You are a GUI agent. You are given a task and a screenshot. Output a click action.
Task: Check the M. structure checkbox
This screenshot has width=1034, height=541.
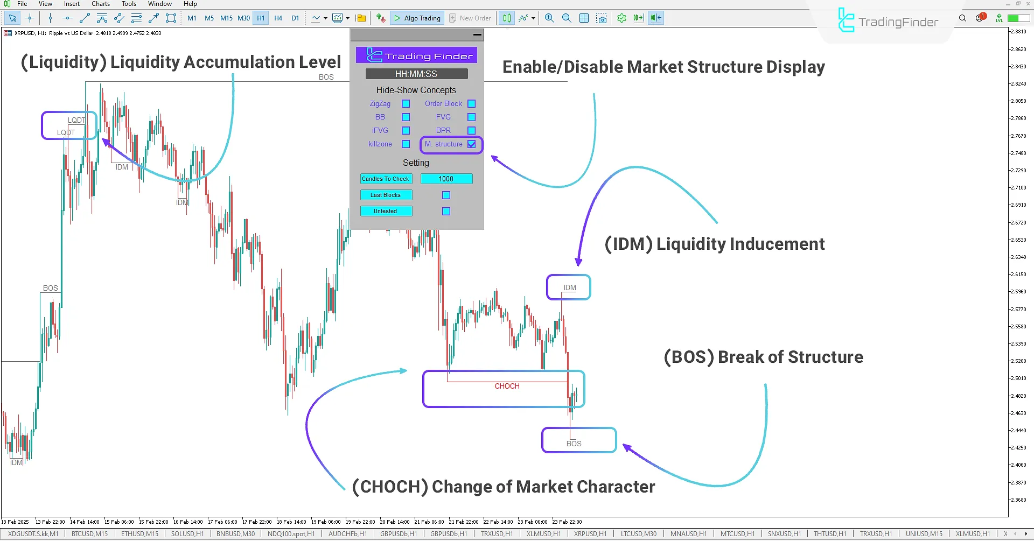tap(472, 144)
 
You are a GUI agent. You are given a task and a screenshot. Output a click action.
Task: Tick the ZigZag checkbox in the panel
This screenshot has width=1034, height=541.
tap(406, 104)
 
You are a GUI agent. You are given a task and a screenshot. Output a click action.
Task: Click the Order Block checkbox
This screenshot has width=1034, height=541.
tap(472, 104)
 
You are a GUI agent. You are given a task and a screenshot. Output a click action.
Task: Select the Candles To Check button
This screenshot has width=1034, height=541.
tap(386, 179)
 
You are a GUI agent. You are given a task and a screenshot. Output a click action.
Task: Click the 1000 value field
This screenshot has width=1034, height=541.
tap(446, 179)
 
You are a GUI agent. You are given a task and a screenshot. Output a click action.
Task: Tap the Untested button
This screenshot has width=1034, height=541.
tap(386, 211)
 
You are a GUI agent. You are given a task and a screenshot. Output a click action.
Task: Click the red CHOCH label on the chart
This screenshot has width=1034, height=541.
tap(507, 386)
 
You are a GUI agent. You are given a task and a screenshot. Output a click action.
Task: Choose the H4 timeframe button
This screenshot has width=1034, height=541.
tap(278, 18)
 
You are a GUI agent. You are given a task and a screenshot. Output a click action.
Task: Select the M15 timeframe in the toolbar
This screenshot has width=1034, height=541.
tap(226, 18)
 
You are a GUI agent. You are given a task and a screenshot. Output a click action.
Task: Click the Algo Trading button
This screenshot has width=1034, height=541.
tap(417, 18)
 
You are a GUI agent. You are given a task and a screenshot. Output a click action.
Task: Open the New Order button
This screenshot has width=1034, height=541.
tap(470, 18)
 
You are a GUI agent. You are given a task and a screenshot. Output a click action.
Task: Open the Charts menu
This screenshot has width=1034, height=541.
tap(101, 4)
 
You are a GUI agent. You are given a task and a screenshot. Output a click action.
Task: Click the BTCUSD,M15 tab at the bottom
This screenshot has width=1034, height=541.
tap(89, 534)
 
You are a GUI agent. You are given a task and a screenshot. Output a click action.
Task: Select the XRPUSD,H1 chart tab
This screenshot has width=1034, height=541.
tap(590, 534)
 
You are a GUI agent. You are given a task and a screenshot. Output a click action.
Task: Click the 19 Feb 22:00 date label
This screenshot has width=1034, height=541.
tap(360, 522)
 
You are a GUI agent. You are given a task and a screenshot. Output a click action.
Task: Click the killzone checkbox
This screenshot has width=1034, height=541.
tap(406, 144)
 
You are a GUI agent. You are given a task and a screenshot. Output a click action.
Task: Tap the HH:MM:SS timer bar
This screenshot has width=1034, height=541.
tap(416, 74)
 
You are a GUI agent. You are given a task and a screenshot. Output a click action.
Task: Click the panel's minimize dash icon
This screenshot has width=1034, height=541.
tap(477, 35)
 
